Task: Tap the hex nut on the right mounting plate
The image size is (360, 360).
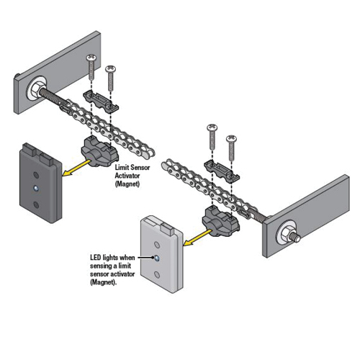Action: pyautogui.click(x=287, y=232)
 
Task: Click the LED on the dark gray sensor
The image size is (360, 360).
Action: pyautogui.click(x=36, y=189)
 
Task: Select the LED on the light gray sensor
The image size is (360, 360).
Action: pyautogui.click(x=156, y=258)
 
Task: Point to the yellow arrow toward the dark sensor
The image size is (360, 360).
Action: pyautogui.click(x=77, y=168)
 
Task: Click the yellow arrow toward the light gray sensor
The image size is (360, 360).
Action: pyautogui.click(x=198, y=238)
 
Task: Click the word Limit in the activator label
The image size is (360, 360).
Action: pyautogui.click(x=122, y=167)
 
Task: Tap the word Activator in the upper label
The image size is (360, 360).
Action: pyautogui.click(x=127, y=176)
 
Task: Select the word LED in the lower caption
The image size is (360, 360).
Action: pyautogui.click(x=95, y=258)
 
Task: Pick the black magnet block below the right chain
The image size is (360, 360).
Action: pyautogui.click(x=221, y=220)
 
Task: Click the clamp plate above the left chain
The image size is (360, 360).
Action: pyautogui.click(x=101, y=102)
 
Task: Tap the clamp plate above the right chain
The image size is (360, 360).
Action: pyautogui.click(x=222, y=171)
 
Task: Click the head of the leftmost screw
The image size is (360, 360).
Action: pyautogui.click(x=91, y=58)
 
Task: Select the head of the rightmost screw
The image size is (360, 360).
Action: pyautogui.click(x=231, y=139)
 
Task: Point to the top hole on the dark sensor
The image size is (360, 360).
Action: pyautogui.click(x=36, y=175)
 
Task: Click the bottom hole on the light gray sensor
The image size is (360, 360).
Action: pyautogui.click(x=157, y=274)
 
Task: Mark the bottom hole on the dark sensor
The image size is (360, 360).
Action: pyautogui.click(x=36, y=204)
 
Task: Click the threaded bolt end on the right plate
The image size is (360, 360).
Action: pyautogui.click(x=297, y=238)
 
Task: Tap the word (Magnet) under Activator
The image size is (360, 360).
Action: pyautogui.click(x=127, y=184)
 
